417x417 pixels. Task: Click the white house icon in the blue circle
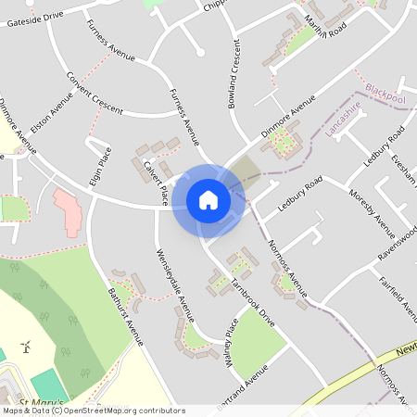(x=208, y=199)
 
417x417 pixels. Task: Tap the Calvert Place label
(x=155, y=182)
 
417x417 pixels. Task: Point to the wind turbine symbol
(x=27, y=347)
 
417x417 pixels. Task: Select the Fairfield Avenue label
(x=398, y=295)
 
